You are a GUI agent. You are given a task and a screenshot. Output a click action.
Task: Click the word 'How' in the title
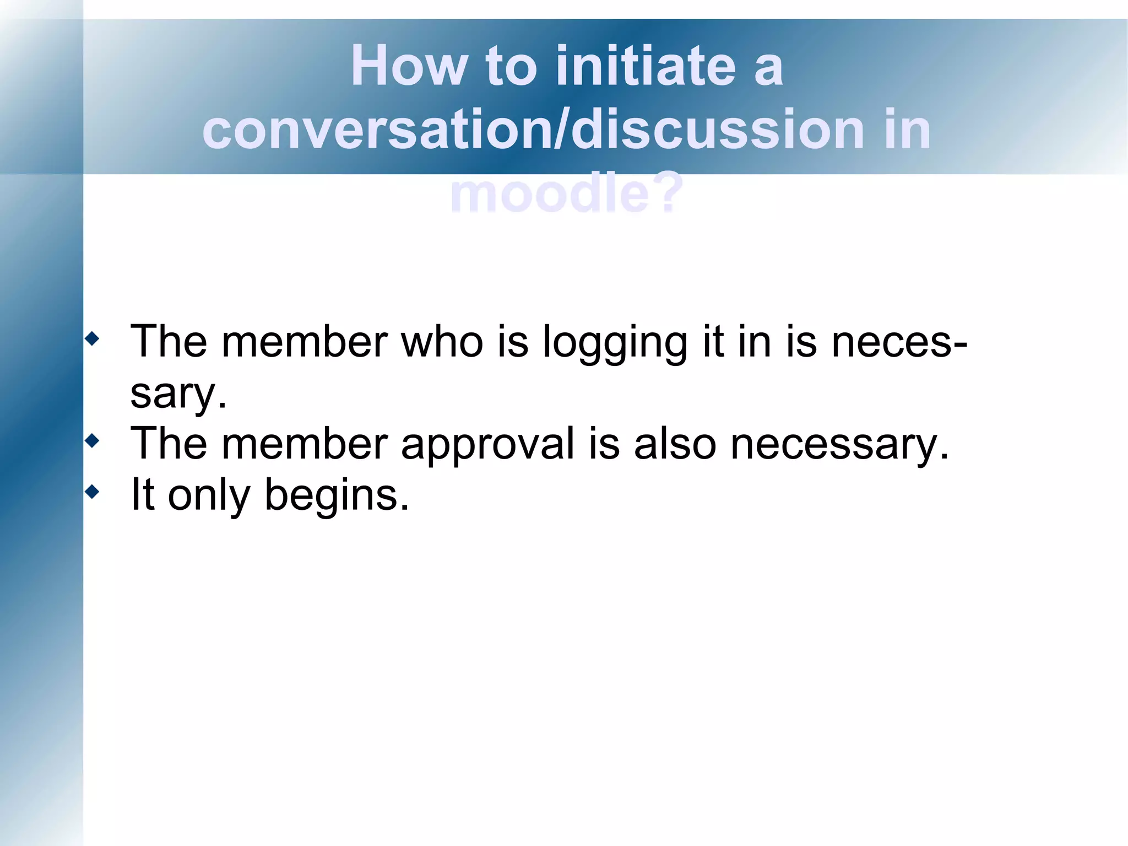tap(409, 66)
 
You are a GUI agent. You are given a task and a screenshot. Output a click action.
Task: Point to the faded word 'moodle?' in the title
tap(566, 193)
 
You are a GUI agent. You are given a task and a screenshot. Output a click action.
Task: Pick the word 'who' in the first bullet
tap(442, 342)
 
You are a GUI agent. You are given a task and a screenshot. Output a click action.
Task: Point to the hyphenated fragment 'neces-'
tap(899, 342)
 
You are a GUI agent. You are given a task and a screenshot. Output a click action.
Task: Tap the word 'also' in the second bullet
tap(675, 444)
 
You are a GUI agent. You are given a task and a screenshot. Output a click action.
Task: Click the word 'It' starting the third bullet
tap(142, 494)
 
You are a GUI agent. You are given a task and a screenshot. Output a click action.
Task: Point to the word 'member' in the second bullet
tap(305, 444)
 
